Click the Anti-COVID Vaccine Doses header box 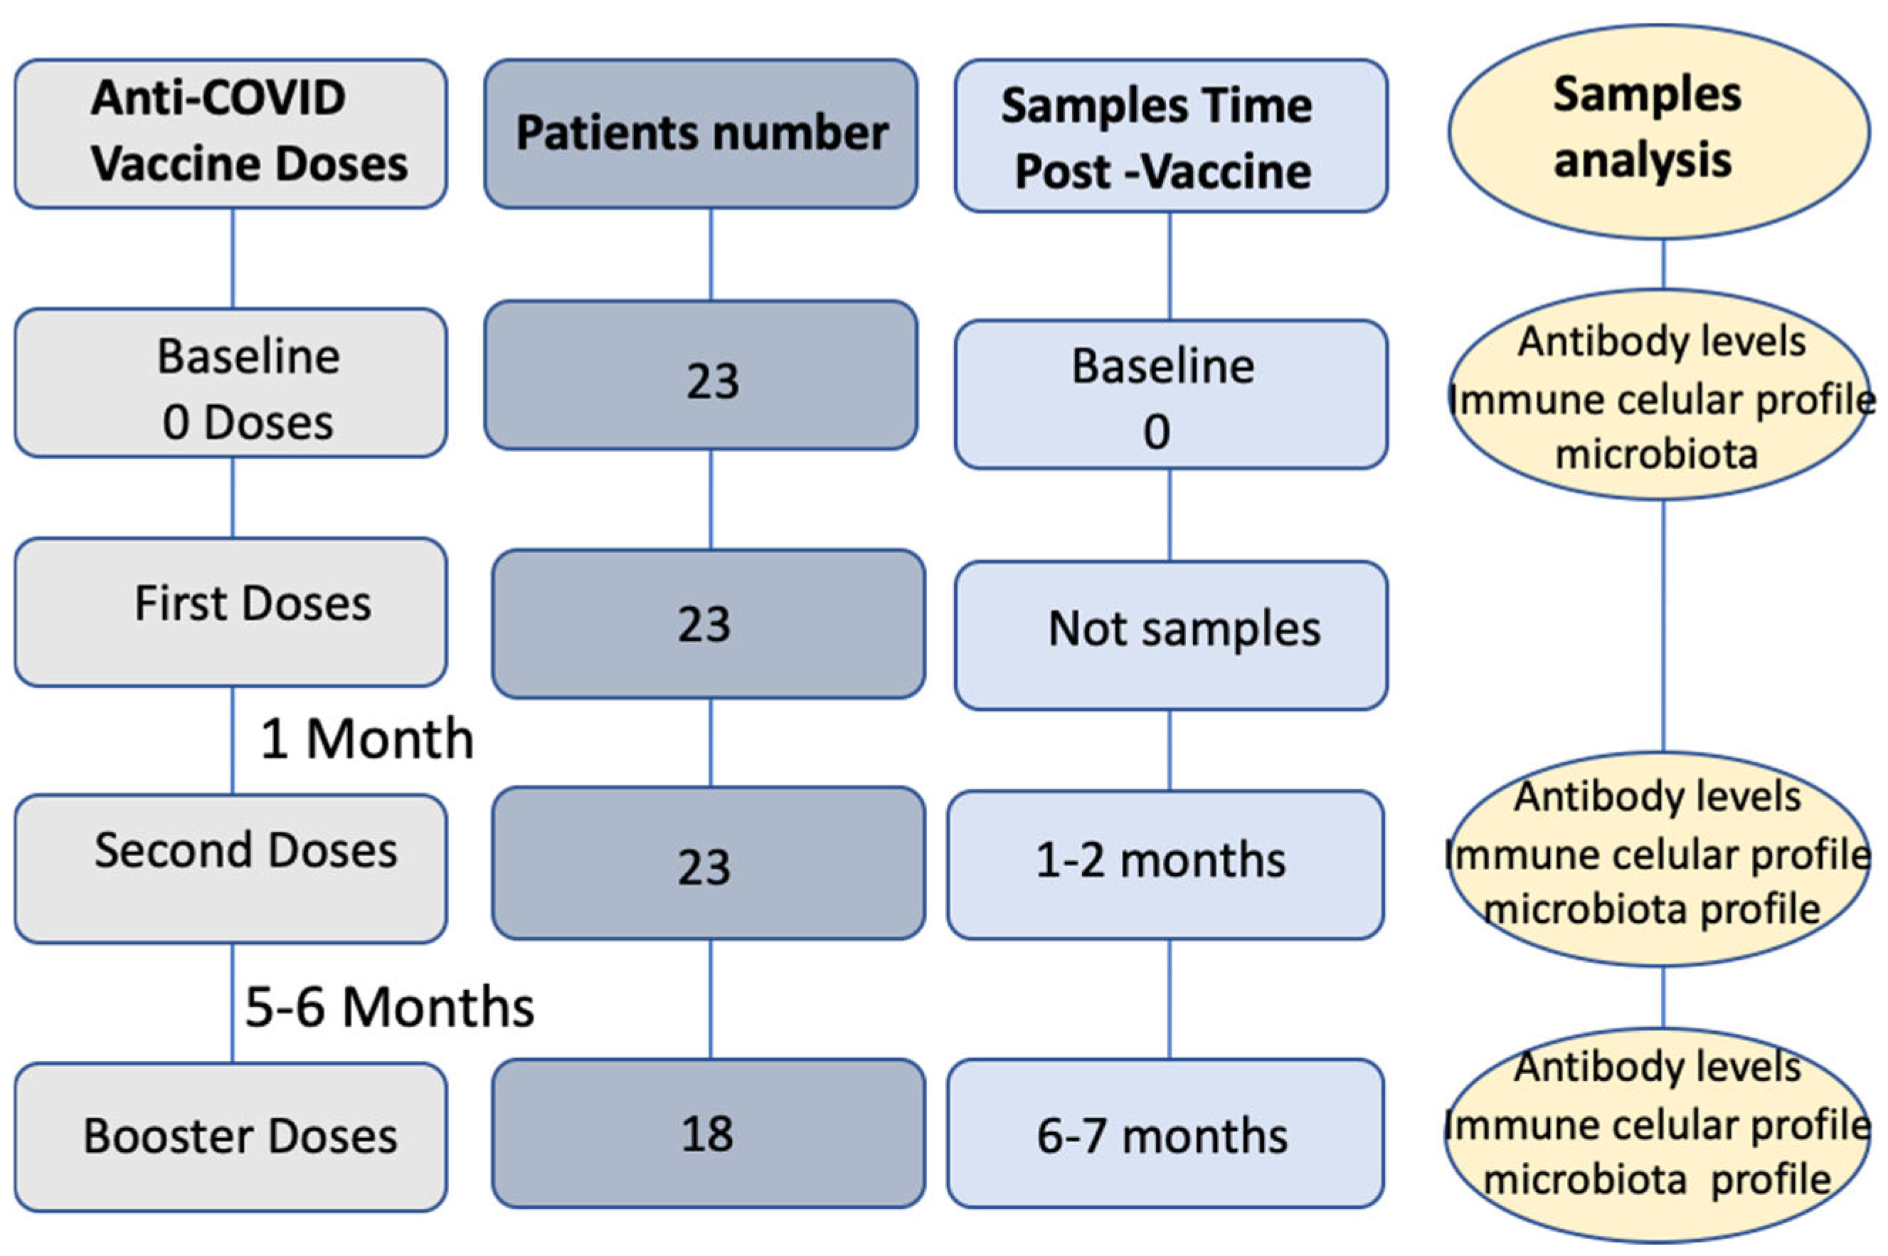230,133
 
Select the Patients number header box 701,133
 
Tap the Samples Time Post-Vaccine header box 1171,134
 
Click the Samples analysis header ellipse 1659,130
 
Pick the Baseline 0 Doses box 230,383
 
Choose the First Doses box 230,611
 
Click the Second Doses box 230,868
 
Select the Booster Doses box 230,1136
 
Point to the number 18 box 708,1133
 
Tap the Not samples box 1171,635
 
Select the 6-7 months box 1165,1133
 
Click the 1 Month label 366,739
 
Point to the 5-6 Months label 389,1007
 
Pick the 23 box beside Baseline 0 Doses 701,375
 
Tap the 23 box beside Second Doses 708,862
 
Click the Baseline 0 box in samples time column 1171,394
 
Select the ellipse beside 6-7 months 1658,1133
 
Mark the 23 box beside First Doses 708,623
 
